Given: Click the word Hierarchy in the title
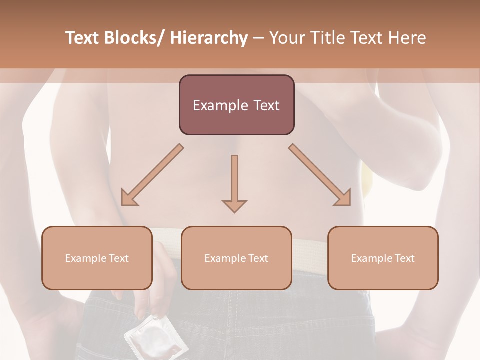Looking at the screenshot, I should (209, 38).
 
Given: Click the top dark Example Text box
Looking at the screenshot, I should (236, 105).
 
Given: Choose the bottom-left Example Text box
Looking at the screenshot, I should (97, 258).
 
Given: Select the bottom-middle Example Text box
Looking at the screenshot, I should (236, 258).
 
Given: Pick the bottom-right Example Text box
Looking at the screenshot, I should (383, 258).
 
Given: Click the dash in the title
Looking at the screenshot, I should (258, 38).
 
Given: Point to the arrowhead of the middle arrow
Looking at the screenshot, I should (234, 205).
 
